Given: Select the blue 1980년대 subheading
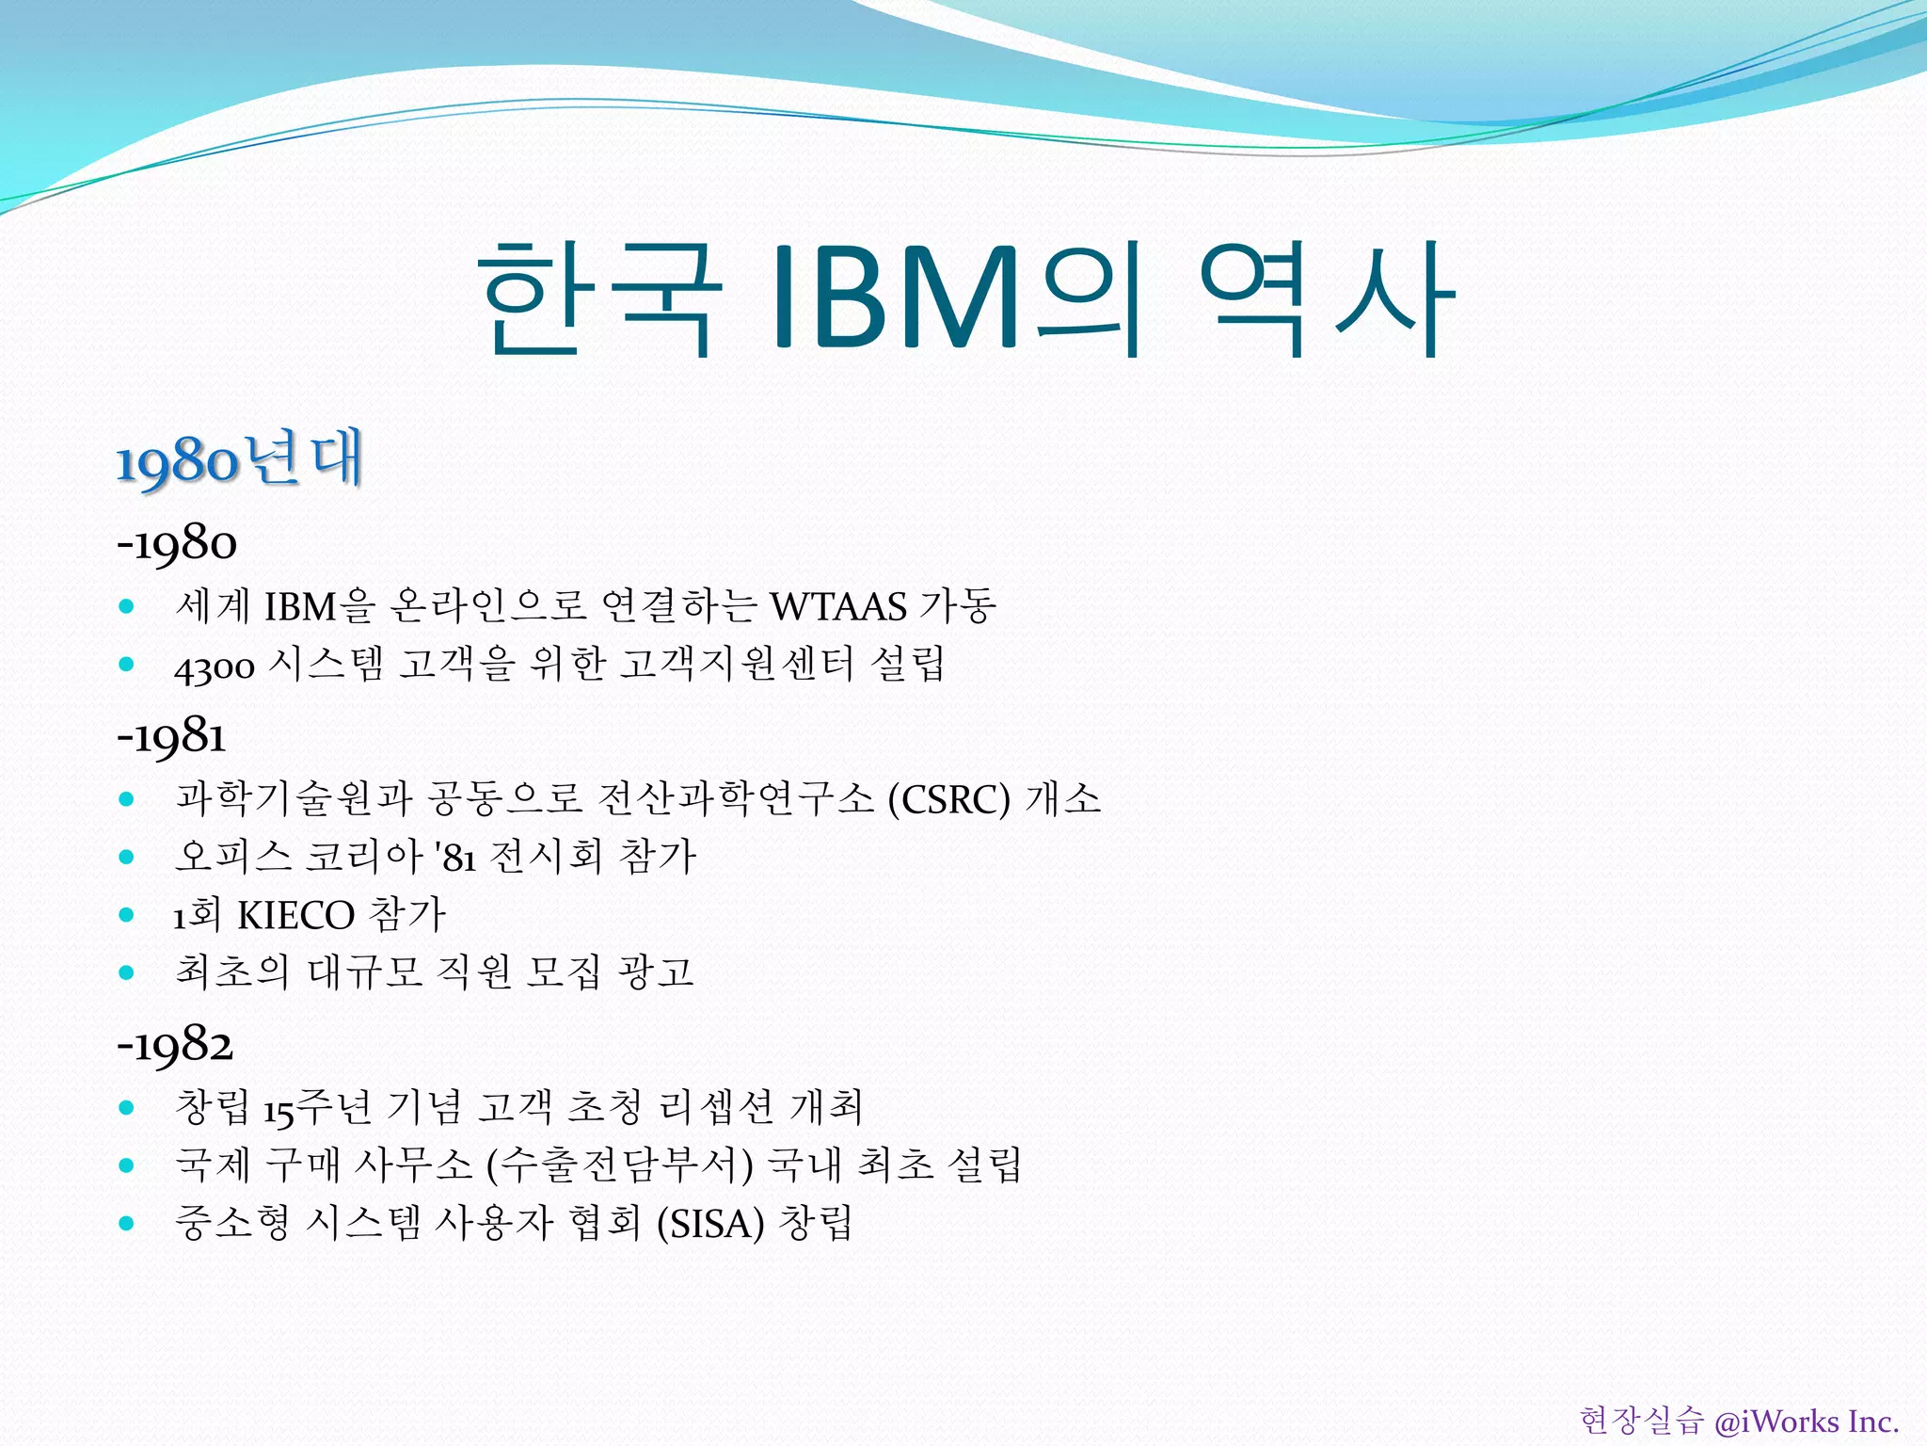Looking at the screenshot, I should pyautogui.click(x=239, y=460).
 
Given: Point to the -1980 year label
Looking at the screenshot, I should pyautogui.click(x=177, y=544).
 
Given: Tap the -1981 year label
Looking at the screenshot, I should pyautogui.click(x=171, y=736).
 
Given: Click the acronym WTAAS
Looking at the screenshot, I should pyautogui.click(x=838, y=607).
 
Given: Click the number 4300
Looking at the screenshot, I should pyautogui.click(x=215, y=667).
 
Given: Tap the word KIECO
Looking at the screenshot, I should pyautogui.click(x=295, y=916).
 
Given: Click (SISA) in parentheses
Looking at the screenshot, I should pyautogui.click(x=710, y=1225).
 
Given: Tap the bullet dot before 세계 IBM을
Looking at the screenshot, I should pyautogui.click(x=127, y=607).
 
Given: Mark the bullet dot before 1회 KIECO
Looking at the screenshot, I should pyautogui.click(x=127, y=915).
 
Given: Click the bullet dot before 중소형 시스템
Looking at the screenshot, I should pyautogui.click(x=127, y=1224).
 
